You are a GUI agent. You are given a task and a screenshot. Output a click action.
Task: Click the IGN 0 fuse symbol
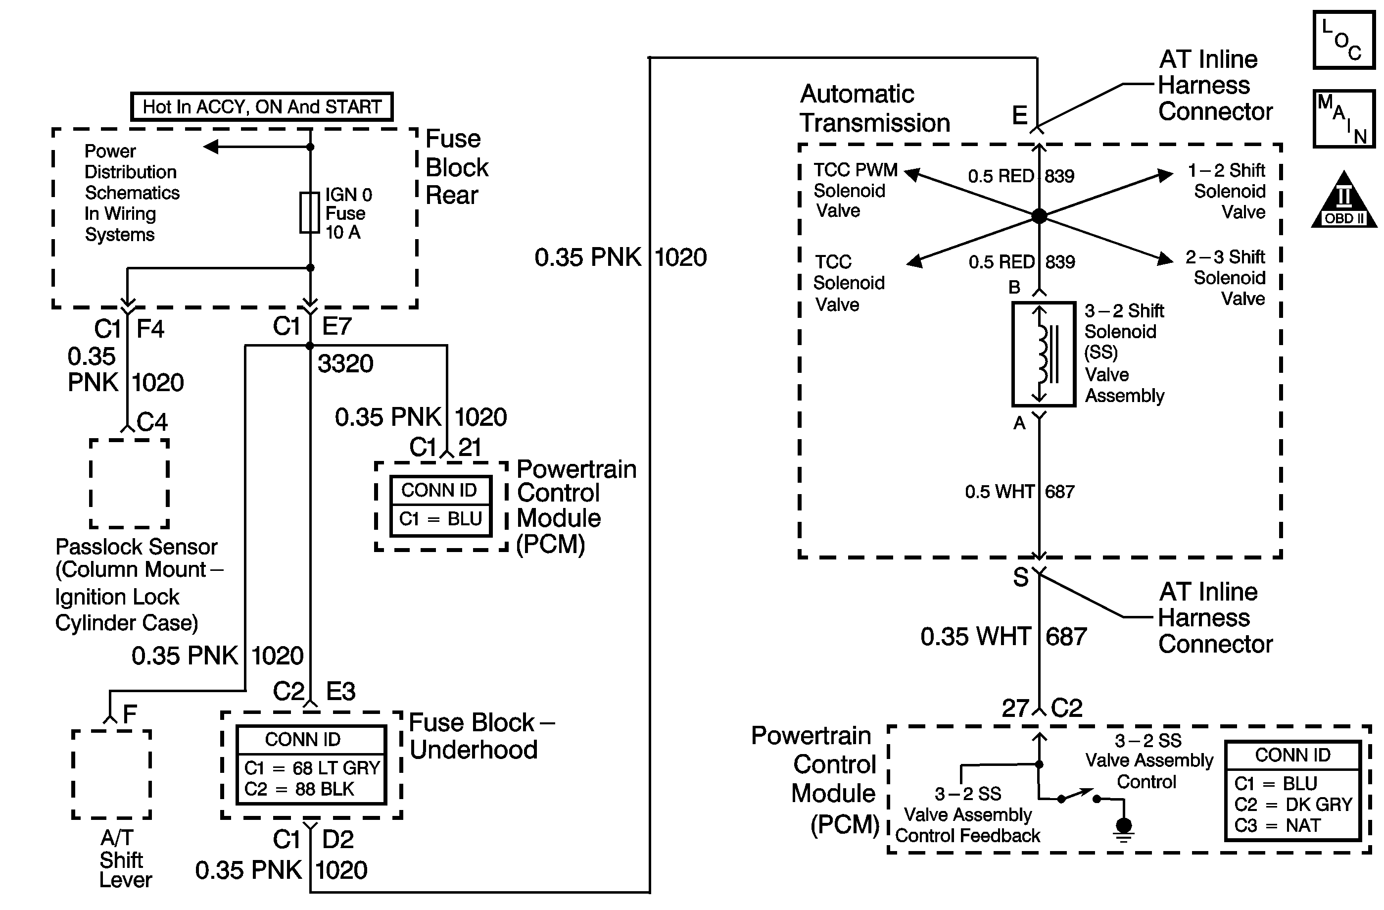point(309,212)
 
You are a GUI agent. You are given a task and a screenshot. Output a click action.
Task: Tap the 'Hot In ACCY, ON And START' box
point(262,107)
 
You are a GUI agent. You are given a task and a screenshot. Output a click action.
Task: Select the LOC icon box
point(1343,40)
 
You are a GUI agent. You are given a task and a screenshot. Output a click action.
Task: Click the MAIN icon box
point(1343,119)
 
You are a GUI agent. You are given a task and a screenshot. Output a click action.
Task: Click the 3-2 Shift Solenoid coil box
point(1043,354)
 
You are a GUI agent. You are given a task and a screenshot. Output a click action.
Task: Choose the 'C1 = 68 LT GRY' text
point(312,768)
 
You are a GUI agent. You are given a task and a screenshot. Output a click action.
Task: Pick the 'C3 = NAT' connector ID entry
point(1277,826)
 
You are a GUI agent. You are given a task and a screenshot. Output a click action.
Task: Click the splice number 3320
point(345,363)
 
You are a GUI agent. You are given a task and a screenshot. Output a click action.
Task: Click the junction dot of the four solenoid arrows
point(1039,216)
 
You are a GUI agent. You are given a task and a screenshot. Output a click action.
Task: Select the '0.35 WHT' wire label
point(975,637)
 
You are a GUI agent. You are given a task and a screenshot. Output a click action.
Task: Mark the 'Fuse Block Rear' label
point(457,167)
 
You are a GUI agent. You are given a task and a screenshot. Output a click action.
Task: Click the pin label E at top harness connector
point(1019,115)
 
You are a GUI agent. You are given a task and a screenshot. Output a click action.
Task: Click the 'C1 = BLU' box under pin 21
point(440,518)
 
